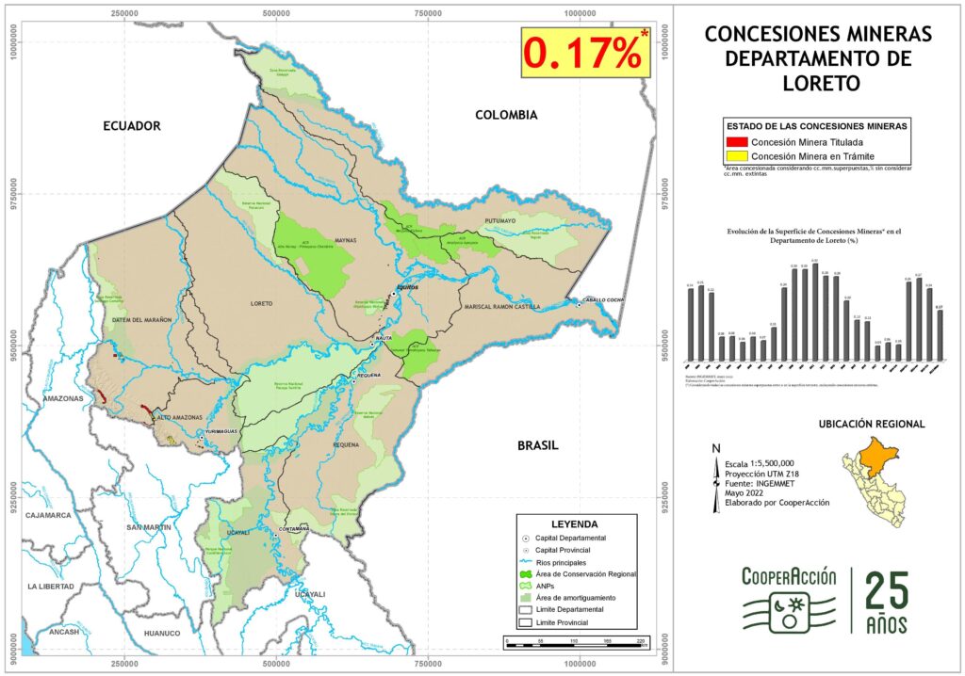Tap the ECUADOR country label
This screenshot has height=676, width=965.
(132, 126)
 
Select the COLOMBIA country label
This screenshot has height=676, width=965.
(506, 115)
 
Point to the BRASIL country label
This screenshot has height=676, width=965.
(538, 445)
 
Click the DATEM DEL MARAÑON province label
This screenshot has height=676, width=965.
(142, 320)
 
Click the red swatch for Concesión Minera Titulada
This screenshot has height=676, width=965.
(738, 141)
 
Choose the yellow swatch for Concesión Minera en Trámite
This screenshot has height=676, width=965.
(738, 155)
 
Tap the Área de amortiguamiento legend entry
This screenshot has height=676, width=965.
(575, 598)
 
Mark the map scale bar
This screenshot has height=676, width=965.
(576, 642)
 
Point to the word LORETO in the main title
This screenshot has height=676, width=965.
(818, 83)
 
